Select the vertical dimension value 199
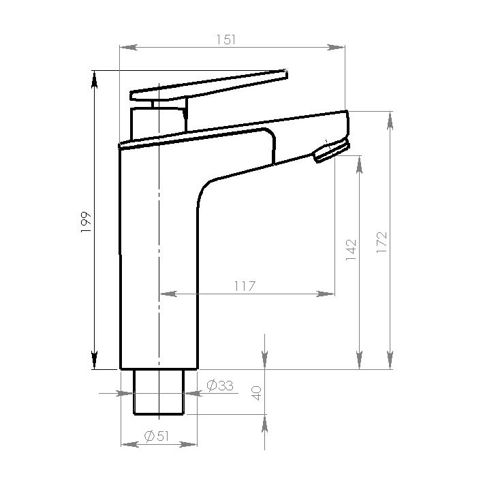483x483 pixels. tap(86, 222)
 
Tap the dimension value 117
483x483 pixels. tap(245, 286)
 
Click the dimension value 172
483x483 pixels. tap(381, 243)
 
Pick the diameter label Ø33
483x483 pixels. tap(219, 386)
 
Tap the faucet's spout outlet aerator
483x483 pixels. tap(330, 151)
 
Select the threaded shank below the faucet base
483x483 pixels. tap(158, 392)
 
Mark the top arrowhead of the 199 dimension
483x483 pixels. tap(95, 78)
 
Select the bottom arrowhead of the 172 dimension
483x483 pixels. tap(390, 360)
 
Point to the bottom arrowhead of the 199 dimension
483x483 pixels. tap(95, 360)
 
